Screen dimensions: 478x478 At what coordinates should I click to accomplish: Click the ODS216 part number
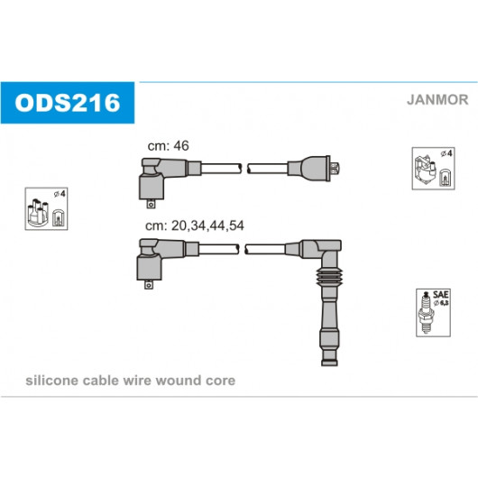tap(68, 103)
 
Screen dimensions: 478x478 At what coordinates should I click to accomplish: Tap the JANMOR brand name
tap(437, 100)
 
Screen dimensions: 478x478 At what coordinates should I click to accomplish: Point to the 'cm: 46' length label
tap(169, 146)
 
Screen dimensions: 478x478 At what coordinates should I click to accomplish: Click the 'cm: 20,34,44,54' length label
tap(195, 225)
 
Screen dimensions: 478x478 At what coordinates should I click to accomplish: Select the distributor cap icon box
tap(46, 209)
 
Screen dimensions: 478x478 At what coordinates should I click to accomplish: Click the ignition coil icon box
tap(433, 169)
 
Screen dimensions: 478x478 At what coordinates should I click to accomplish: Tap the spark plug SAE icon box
tap(433, 313)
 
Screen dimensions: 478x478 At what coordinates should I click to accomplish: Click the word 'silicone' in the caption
tap(51, 381)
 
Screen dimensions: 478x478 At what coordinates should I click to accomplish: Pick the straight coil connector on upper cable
tap(314, 169)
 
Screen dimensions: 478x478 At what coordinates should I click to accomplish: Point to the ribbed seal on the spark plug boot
tap(329, 278)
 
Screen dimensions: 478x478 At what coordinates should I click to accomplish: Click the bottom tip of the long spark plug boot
tap(329, 365)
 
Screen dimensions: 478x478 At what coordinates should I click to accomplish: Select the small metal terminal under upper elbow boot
tap(151, 204)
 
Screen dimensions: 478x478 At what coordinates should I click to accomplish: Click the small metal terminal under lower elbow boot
tap(149, 284)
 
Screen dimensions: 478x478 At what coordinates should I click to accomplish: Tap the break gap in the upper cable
tap(244, 169)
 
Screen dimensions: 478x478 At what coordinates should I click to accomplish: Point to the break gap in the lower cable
tap(243, 249)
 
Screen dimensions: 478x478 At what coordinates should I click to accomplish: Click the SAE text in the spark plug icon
tap(440, 295)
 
